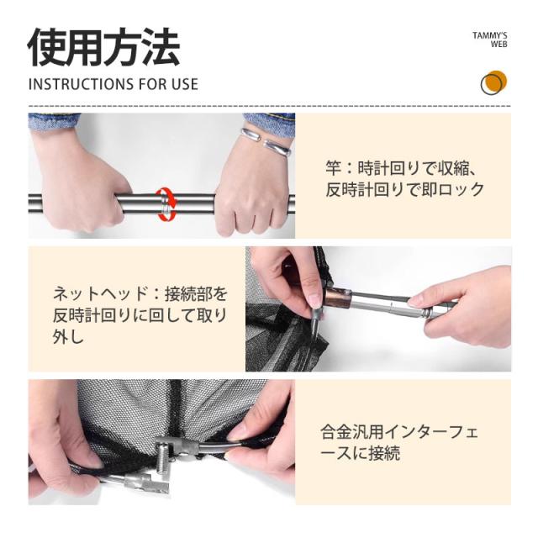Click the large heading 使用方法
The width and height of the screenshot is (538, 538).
click(x=103, y=47)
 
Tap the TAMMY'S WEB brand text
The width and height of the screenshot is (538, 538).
click(x=489, y=40)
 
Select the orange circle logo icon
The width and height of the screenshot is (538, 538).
click(x=493, y=82)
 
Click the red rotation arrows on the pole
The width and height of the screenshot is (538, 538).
click(x=166, y=204)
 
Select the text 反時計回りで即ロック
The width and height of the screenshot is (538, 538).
click(x=405, y=189)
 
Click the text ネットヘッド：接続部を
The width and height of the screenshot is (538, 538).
click(x=140, y=294)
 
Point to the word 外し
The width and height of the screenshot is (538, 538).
click(x=69, y=336)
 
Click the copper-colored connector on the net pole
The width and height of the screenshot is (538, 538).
click(x=338, y=297)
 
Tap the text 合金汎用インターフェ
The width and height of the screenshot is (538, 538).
click(x=399, y=432)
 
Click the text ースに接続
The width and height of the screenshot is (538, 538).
click(x=361, y=453)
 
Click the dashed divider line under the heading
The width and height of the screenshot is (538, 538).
click(x=269, y=106)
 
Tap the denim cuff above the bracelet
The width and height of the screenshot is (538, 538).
click(x=269, y=124)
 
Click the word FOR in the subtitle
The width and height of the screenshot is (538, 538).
click(x=153, y=84)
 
